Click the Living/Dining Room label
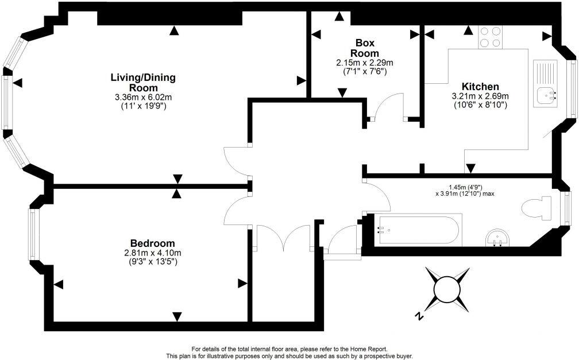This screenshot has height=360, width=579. [x=143, y=83]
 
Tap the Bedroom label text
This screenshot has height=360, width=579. [x=153, y=243]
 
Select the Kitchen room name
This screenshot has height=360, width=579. [x=480, y=87]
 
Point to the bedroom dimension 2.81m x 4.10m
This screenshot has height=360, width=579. [x=153, y=253]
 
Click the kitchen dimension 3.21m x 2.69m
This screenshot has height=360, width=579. [x=480, y=96]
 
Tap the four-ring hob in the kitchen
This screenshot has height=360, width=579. [x=490, y=37]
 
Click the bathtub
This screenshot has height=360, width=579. [x=419, y=230]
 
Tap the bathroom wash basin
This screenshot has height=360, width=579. [x=497, y=238]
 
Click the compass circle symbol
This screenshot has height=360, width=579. [x=447, y=290]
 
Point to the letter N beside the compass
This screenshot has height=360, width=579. [x=419, y=316]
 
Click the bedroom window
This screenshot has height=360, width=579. [x=33, y=234]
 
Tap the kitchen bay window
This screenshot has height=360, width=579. [x=572, y=88]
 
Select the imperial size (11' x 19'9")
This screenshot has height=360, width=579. [x=143, y=106]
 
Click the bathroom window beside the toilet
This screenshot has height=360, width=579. [x=565, y=208]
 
